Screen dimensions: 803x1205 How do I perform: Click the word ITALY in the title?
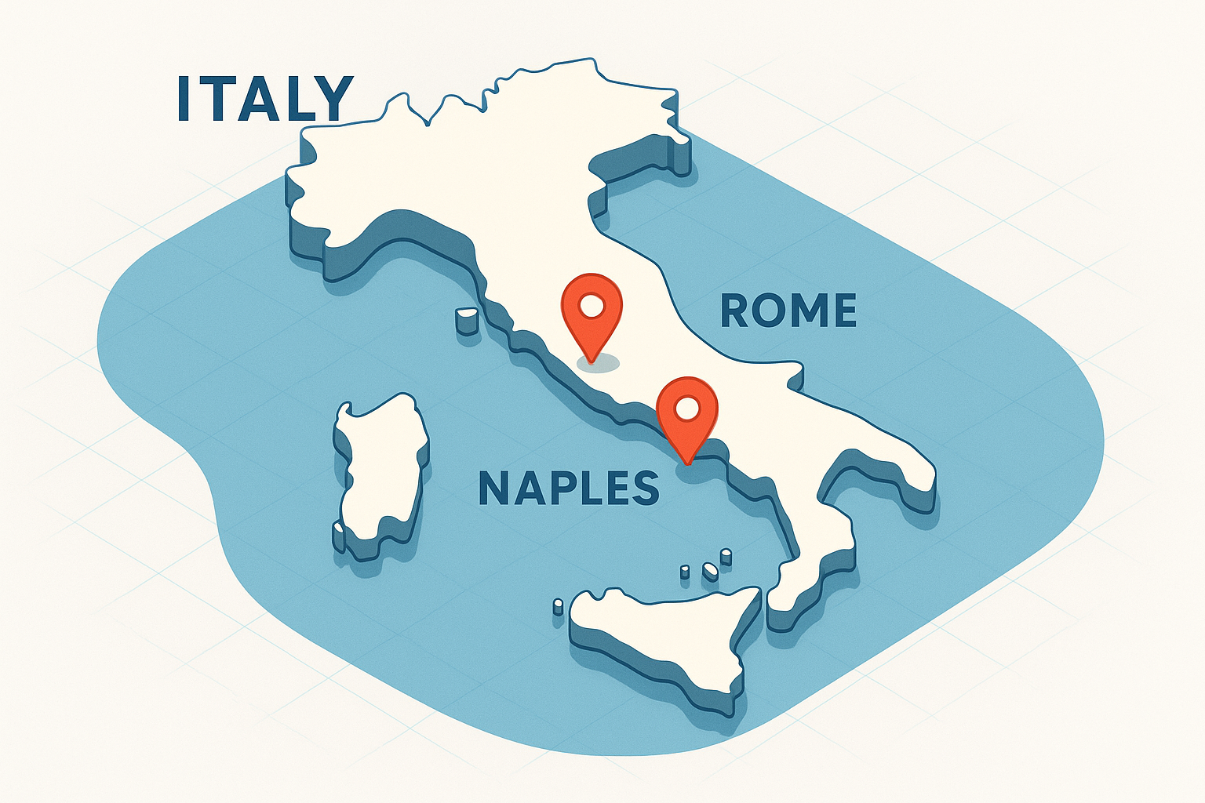(265, 99)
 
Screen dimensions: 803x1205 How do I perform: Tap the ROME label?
(788, 311)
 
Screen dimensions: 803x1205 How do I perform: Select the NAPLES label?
(569, 488)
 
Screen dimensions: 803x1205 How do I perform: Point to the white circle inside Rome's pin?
(592, 303)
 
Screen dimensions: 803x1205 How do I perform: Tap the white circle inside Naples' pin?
(687, 408)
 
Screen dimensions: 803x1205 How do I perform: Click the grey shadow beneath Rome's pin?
(598, 362)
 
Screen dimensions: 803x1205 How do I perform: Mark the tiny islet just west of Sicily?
(559, 605)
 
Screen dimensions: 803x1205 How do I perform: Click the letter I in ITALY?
(184, 99)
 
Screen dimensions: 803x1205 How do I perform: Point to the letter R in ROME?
(735, 311)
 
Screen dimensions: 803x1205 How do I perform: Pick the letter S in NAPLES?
(645, 488)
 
